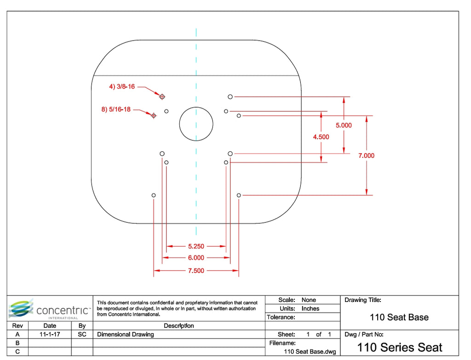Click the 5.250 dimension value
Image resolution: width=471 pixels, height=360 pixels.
[x=196, y=246]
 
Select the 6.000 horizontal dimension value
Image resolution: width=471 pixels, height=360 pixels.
[x=196, y=258]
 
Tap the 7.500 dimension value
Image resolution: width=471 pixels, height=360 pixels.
[x=196, y=271]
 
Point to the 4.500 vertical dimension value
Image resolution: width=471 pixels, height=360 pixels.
[x=321, y=137]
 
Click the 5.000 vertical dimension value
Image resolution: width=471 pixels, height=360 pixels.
[x=344, y=125]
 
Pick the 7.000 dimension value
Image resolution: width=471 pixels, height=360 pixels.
[x=366, y=156]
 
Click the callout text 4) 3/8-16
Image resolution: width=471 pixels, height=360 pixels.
[x=122, y=86]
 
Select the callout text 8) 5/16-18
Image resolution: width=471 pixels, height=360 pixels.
[x=116, y=110]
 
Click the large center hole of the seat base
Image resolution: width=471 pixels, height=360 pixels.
[x=196, y=124]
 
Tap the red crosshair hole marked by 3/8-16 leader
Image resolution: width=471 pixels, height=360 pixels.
[x=162, y=96]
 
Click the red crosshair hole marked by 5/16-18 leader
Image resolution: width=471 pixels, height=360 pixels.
[x=154, y=115]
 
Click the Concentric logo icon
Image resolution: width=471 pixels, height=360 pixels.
[x=21, y=308]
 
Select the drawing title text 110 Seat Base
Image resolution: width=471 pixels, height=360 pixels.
[x=399, y=317]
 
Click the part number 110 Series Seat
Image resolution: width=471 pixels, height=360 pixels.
[x=399, y=347]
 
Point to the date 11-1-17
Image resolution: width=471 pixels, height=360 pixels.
[x=49, y=335]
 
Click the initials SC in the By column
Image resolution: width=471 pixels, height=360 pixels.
[x=82, y=335]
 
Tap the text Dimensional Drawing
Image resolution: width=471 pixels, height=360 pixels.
[x=126, y=335]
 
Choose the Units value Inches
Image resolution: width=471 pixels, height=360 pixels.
[x=310, y=308]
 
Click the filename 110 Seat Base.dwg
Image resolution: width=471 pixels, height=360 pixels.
[x=310, y=352]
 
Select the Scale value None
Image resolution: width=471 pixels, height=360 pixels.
[x=309, y=300]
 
